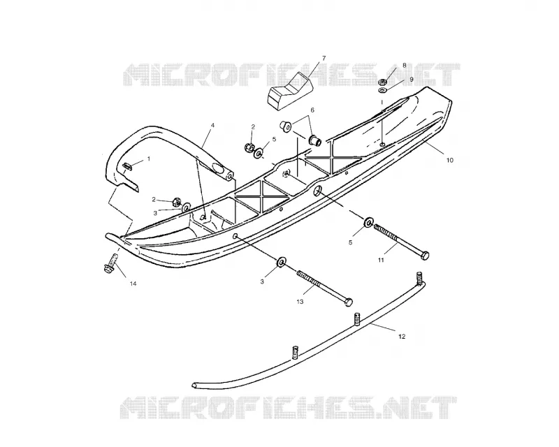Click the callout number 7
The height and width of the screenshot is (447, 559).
point(324,58)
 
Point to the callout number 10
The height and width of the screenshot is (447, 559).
point(450,161)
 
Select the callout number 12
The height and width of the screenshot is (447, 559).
point(402,337)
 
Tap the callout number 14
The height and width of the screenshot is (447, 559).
point(133,284)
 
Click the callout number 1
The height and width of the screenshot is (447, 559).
point(149,159)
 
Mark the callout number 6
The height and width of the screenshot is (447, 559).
point(312,110)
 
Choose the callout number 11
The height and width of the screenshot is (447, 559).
point(381,261)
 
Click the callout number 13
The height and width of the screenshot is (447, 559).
point(300,302)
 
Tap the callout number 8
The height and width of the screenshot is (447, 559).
point(405,65)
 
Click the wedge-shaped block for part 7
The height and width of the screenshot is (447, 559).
point(290,91)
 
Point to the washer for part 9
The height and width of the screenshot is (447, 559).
point(382,90)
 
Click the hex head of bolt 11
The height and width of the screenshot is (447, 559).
point(425,256)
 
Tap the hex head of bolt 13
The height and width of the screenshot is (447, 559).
point(348,302)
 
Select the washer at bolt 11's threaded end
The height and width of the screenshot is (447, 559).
point(368,222)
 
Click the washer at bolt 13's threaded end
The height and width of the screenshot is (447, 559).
point(282,262)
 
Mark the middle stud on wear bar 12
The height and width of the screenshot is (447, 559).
point(356,318)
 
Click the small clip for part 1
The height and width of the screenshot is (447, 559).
point(128,166)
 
